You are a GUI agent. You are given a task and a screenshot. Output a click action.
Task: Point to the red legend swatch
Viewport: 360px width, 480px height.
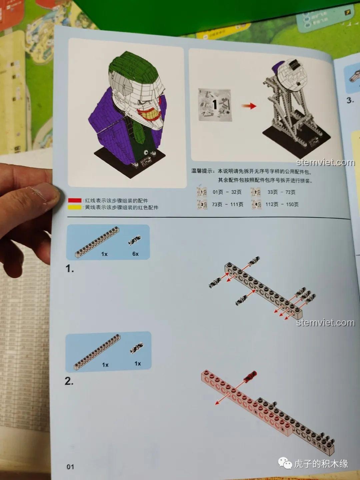point(75,200)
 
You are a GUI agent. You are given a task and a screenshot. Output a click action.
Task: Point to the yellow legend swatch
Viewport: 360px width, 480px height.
point(75,207)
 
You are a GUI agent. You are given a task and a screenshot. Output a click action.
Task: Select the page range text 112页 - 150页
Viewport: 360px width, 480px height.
point(282,204)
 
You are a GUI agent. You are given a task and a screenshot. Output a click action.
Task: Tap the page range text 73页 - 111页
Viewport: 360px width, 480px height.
point(227,204)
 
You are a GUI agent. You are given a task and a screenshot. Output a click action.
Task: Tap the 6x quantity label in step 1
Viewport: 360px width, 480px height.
point(135,254)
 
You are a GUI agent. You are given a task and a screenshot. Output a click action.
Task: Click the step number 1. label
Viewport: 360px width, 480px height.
point(69,269)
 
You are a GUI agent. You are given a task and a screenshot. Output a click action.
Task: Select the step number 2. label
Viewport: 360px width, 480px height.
point(69,381)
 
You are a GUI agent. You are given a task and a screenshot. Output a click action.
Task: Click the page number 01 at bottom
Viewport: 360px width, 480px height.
point(70,467)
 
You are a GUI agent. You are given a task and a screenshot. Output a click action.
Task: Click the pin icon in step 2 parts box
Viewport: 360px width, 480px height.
point(137,348)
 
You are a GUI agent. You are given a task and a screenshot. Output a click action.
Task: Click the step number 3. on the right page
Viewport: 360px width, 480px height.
point(350,100)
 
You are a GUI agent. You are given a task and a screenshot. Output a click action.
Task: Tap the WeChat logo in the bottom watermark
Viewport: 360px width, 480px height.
point(285,463)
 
